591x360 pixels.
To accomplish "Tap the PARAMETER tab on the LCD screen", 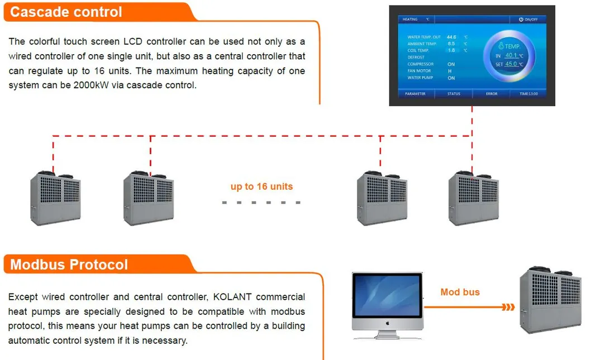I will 415,94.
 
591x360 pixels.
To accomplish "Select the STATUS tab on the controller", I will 454,94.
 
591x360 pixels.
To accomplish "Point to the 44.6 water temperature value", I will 451,37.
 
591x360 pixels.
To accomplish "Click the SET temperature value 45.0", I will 511,64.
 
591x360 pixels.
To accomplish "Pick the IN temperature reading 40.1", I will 511,56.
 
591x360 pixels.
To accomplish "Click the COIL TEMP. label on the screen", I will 418,50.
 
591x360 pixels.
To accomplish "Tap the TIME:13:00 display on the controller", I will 528,94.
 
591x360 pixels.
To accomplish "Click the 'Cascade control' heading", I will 66,12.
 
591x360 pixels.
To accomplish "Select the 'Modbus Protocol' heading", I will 69,265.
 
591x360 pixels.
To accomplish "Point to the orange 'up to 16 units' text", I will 261,186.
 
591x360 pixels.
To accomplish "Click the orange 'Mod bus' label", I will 460,292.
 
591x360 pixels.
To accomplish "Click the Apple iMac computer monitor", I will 387,302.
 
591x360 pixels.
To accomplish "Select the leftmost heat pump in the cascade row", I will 55,198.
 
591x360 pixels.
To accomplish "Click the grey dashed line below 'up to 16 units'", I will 261,202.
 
